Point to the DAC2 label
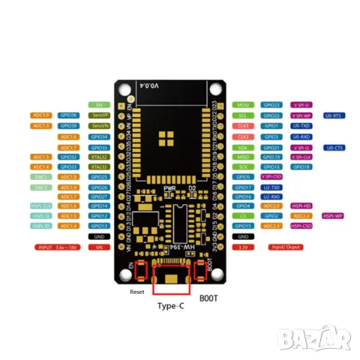pyautogui.click(x=41, y=187)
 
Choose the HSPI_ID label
pyautogui.click(x=41, y=226)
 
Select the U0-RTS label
pyautogui.click(x=334, y=115)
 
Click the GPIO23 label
pyautogui.click(x=272, y=105)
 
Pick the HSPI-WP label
pyautogui.click(x=334, y=215)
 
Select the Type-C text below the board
pyautogui.click(x=172, y=306)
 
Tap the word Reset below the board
pyautogui.click(x=136, y=292)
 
